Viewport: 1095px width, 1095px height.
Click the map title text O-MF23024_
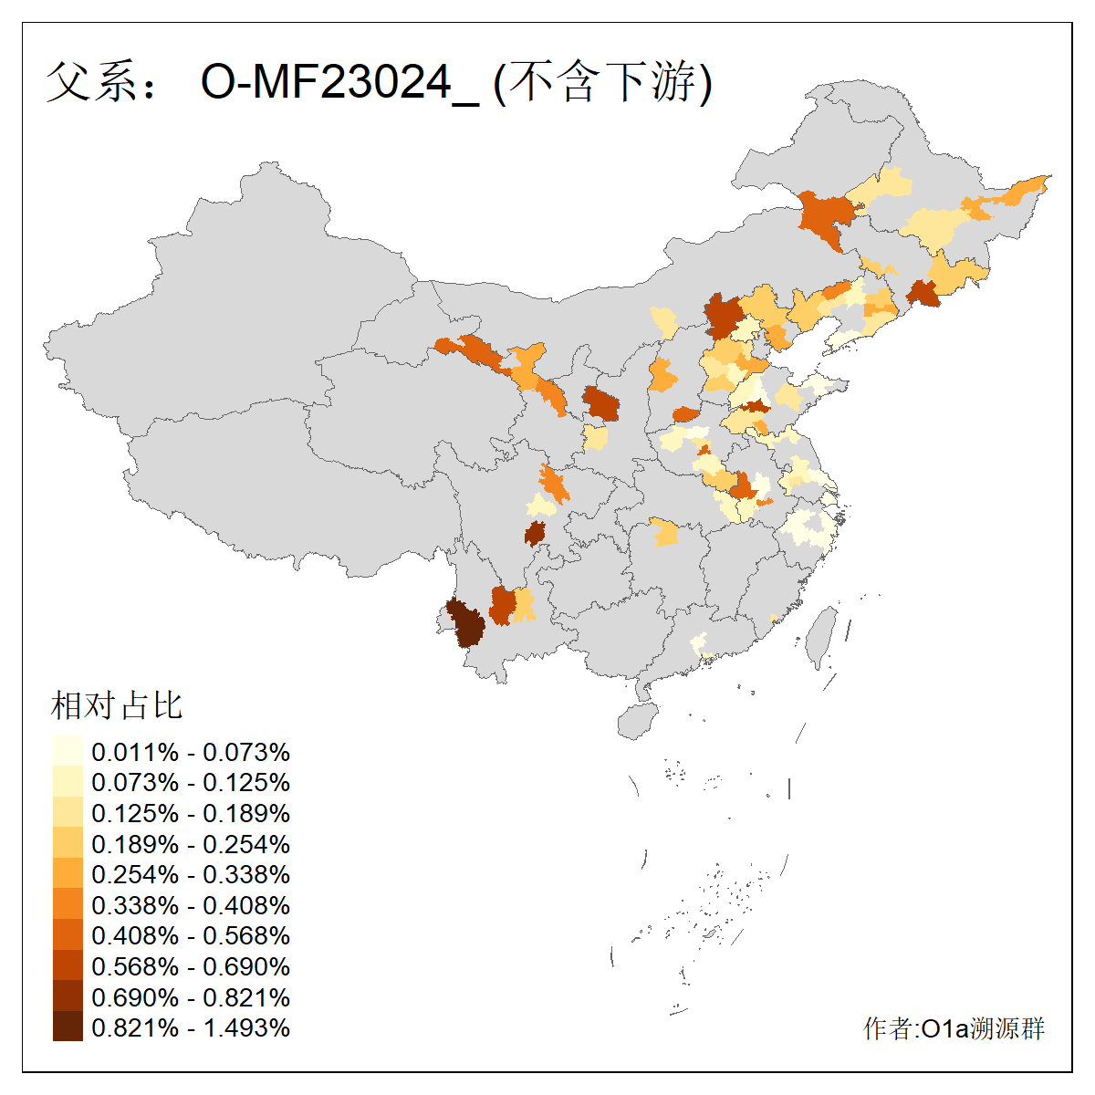tap(339, 83)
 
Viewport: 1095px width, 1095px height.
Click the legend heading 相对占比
tap(117, 705)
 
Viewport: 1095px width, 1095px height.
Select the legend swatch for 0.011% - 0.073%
tap(68, 751)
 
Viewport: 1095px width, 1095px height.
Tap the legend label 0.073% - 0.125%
tap(191, 782)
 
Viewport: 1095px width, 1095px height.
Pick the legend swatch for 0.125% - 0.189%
tap(68, 812)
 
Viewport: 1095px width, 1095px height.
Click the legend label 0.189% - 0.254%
tap(191, 844)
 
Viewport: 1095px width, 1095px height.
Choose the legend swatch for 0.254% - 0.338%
tap(68, 874)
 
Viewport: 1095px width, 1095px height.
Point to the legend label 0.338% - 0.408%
tap(191, 905)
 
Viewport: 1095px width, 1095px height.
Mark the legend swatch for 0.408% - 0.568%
tap(68, 935)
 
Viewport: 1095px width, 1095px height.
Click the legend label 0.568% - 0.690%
tap(191, 966)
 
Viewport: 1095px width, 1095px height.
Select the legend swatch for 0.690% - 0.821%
tap(68, 996)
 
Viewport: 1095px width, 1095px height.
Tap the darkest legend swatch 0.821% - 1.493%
tap(68, 1027)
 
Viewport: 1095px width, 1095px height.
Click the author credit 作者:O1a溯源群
tap(954, 1028)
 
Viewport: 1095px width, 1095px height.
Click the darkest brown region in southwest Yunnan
tap(467, 625)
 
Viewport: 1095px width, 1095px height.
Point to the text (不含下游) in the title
tap(602, 83)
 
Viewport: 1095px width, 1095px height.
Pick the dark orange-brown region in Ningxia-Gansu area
tap(600, 402)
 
